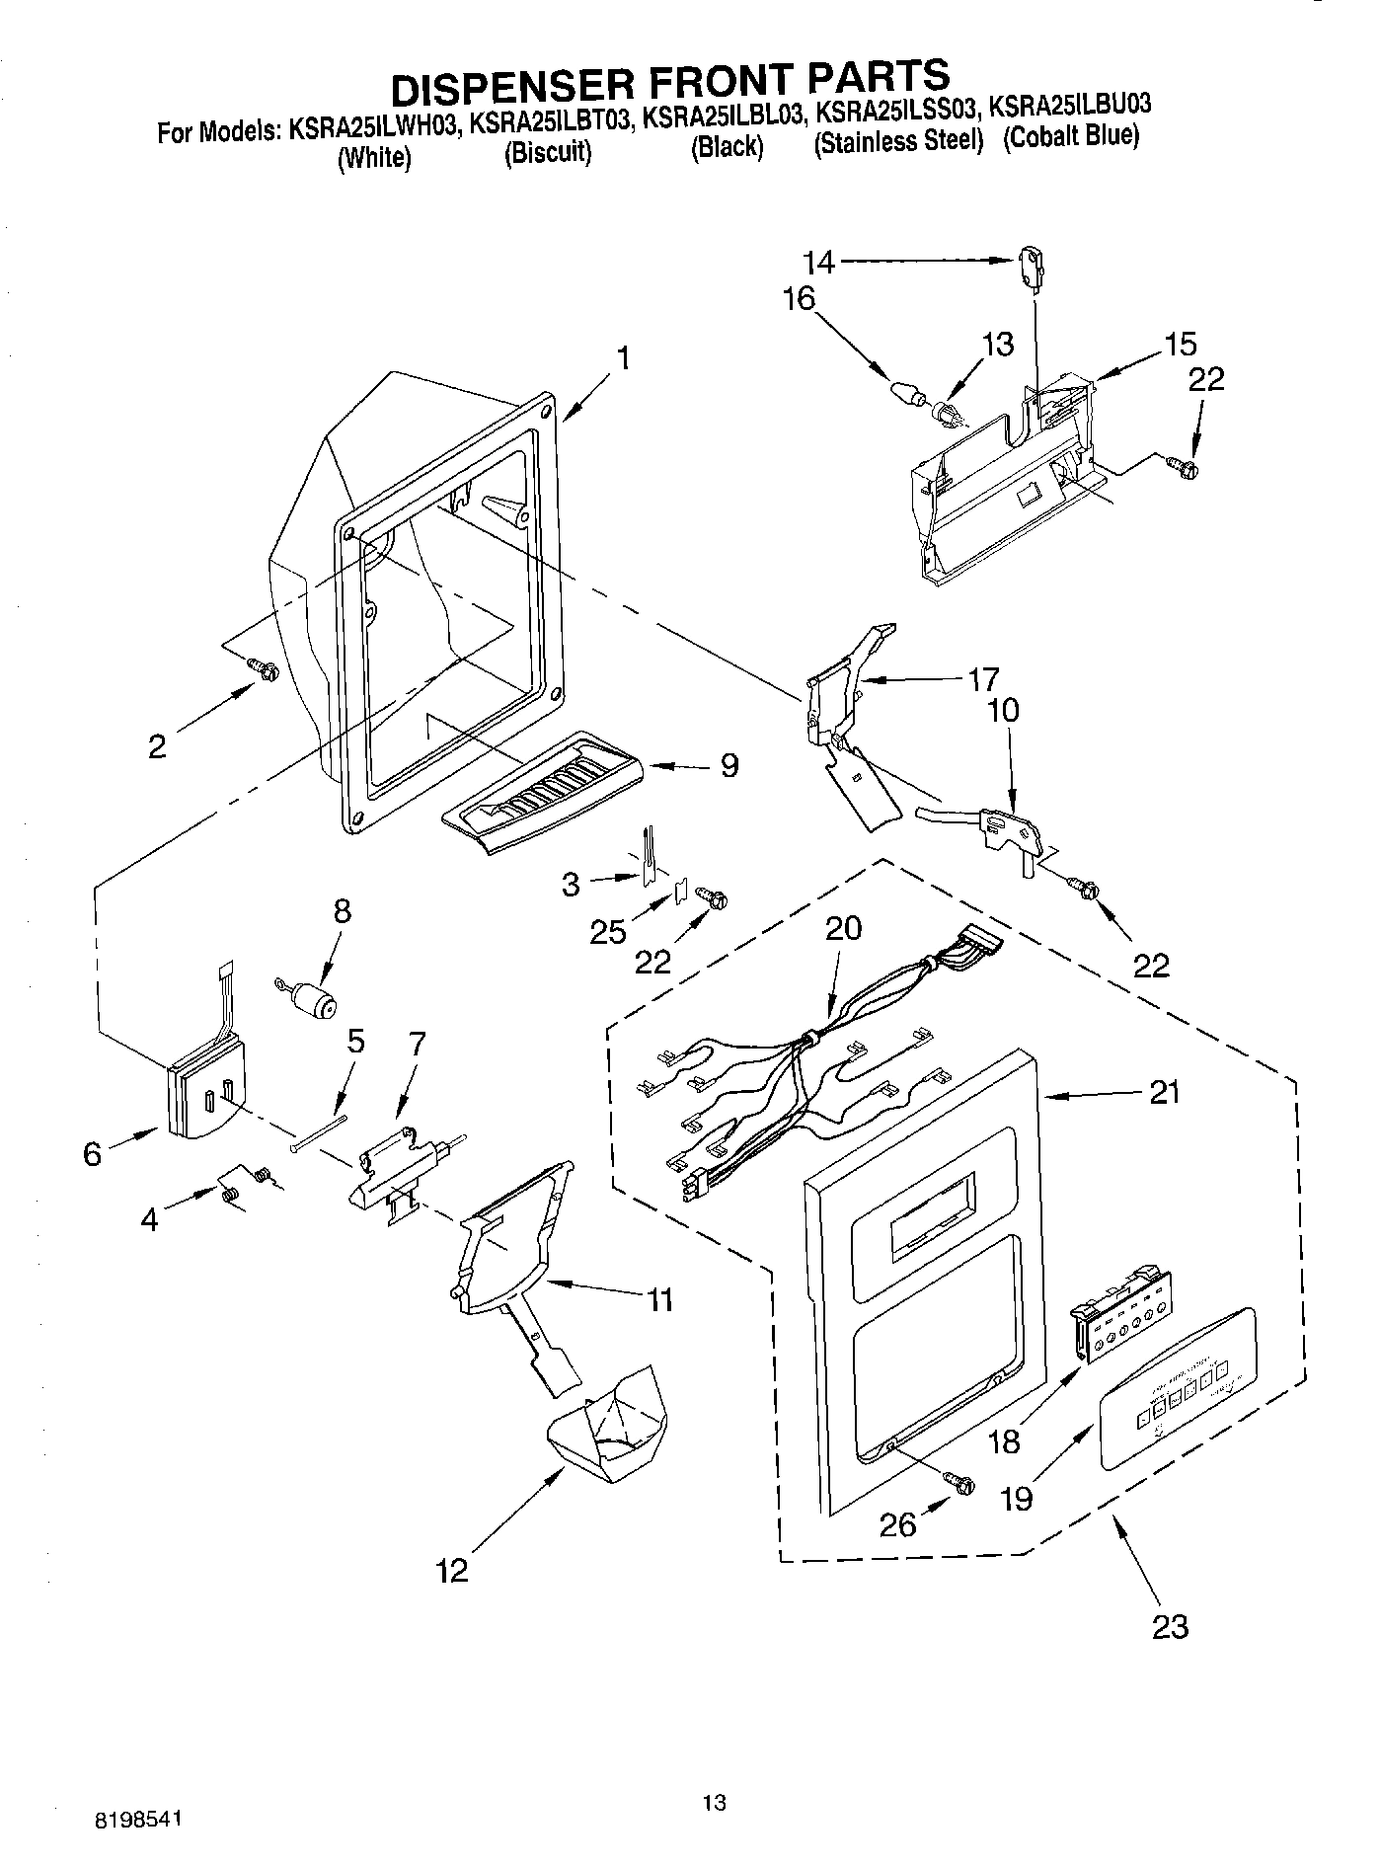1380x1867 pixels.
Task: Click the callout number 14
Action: (x=818, y=262)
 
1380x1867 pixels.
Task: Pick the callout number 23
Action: (x=1170, y=1625)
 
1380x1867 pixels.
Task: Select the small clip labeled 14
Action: (x=1030, y=267)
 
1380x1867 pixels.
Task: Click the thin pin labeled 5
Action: (x=319, y=1131)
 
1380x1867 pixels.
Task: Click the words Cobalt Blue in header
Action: (x=1072, y=136)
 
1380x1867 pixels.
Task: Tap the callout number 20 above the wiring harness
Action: (x=843, y=927)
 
